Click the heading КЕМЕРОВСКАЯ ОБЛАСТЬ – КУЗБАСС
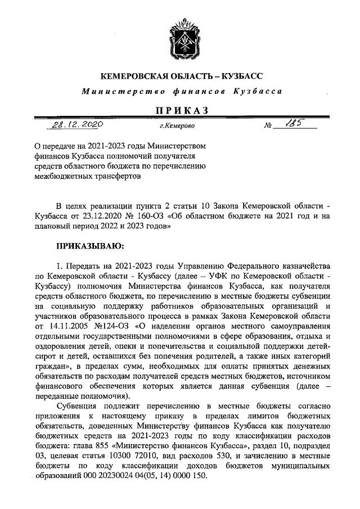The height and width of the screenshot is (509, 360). (180, 75)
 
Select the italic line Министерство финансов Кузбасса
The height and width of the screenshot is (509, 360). (180, 91)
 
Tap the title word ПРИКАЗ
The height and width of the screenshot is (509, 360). (179, 110)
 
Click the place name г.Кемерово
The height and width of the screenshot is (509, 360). (175, 127)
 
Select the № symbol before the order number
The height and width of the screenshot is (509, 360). (267, 127)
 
